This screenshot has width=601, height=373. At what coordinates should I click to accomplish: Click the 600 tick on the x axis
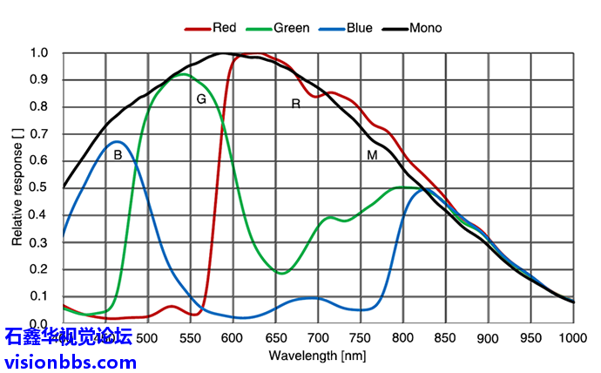pyautogui.click(x=233, y=338)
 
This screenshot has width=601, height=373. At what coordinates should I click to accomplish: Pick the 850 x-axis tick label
pyautogui.click(x=445, y=338)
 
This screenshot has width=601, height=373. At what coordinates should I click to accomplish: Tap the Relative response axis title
pyautogui.click(x=17, y=188)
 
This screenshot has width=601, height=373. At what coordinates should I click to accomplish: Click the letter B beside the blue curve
pyautogui.click(x=118, y=155)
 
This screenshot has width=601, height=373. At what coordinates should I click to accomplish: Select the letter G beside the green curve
pyautogui.click(x=201, y=99)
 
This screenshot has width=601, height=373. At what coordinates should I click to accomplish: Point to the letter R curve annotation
pyautogui.click(x=295, y=105)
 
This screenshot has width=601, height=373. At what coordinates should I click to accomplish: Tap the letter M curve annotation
pyautogui.click(x=372, y=155)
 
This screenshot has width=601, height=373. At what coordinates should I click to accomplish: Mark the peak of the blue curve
pyautogui.click(x=118, y=141)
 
